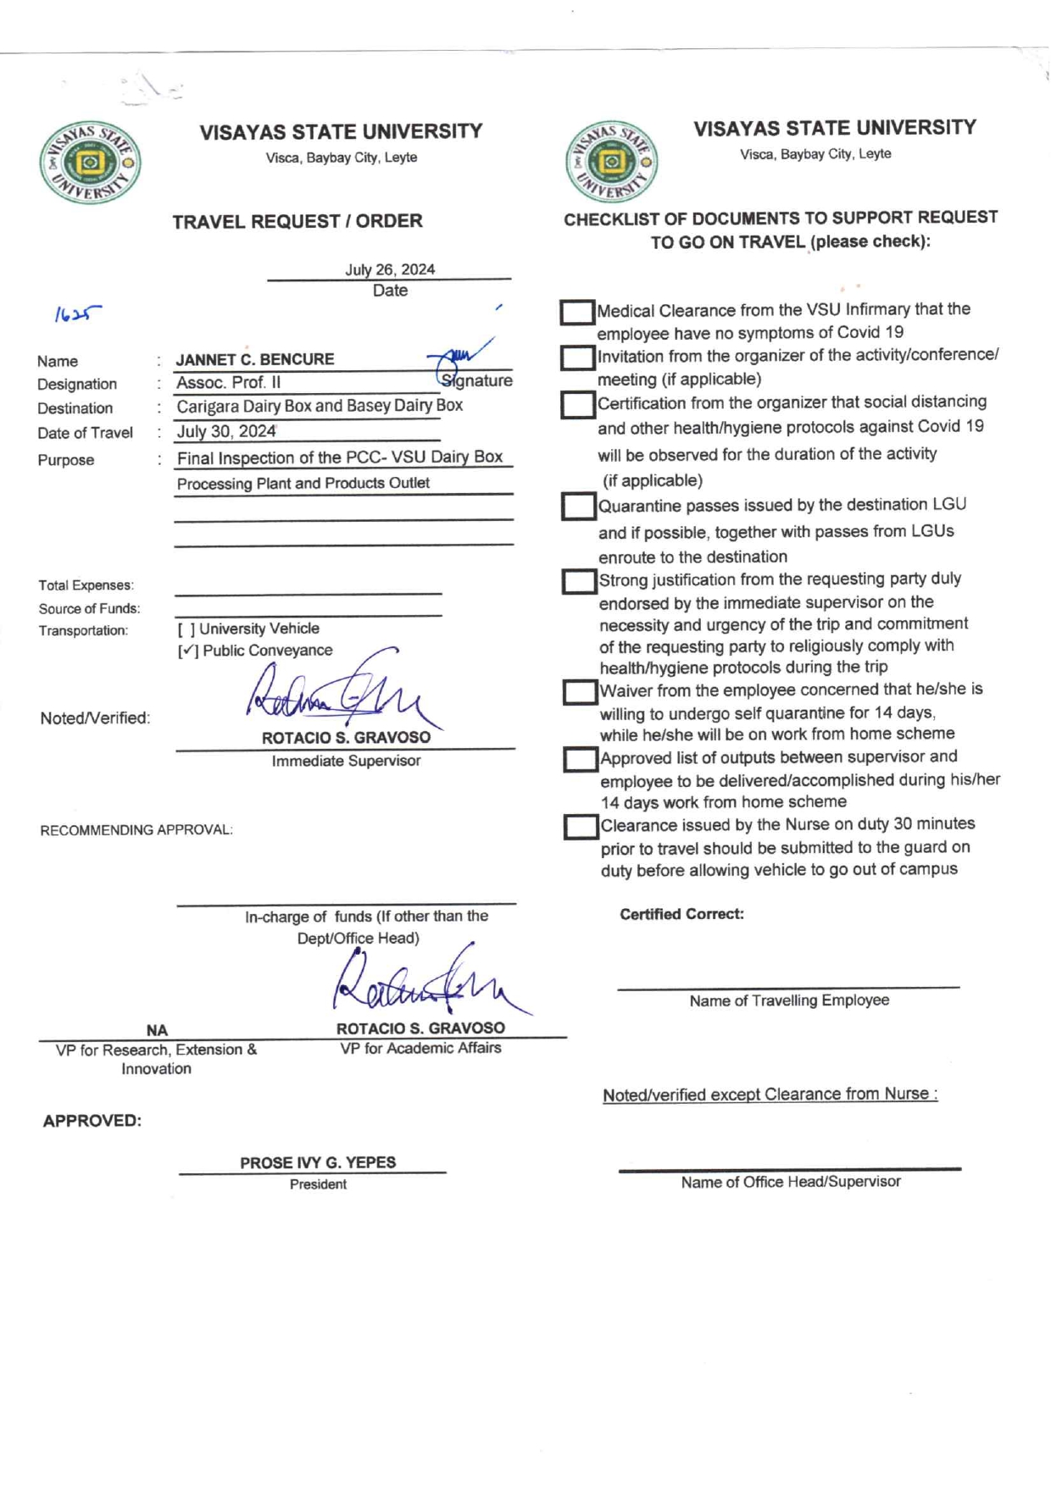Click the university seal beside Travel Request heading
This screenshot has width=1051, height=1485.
point(90,162)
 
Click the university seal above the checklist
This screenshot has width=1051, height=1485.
point(611,161)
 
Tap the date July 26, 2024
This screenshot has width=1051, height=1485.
point(390,269)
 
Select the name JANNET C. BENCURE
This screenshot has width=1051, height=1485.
point(255,359)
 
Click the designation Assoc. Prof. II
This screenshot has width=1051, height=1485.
point(229,383)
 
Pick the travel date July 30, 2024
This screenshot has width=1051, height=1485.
point(226,431)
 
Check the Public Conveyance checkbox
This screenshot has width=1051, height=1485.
point(188,651)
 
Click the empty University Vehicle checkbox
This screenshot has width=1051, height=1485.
point(186,629)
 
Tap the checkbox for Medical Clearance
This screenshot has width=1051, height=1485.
point(576,312)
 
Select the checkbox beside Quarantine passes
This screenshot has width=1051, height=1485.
point(578,507)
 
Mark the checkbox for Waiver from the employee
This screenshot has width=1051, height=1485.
point(580,692)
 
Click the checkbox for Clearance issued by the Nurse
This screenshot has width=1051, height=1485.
point(581,827)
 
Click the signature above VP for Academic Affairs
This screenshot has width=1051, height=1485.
point(424,983)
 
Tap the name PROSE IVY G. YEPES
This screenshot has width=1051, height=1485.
point(318,1162)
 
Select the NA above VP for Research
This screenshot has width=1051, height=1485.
point(157,1030)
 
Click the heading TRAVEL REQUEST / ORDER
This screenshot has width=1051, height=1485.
point(298,221)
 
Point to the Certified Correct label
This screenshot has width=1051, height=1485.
point(681,914)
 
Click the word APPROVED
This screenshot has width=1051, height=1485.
point(92,1121)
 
